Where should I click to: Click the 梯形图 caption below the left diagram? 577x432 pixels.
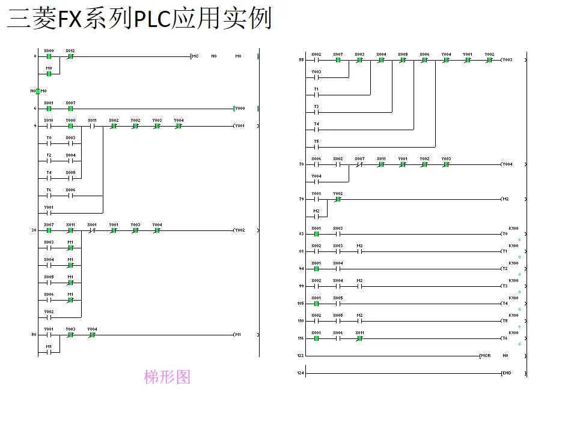point(167,377)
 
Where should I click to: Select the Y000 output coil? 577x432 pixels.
point(240,109)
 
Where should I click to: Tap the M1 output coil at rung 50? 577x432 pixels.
point(237,335)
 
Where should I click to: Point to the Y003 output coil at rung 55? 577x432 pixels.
point(506,61)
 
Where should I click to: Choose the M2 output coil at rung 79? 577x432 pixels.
point(505,199)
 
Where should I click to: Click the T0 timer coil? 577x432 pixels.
point(505,233)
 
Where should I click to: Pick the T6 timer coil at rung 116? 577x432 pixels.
point(505,338)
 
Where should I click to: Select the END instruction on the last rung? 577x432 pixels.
point(505,373)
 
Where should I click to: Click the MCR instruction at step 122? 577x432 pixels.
point(485,356)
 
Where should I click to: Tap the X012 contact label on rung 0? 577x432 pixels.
point(70,50)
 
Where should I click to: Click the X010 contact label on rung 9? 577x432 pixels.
point(49,120)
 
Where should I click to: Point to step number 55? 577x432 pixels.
point(301,61)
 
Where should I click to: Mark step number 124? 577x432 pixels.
point(301,373)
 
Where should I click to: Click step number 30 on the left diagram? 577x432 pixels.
point(34,230)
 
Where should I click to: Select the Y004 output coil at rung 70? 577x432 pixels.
point(506,164)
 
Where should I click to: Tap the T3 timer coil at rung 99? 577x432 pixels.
point(505,286)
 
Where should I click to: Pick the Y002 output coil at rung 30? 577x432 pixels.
point(239,230)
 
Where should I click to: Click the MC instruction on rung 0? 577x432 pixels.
point(195,56)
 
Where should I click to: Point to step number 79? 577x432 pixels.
point(301,199)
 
